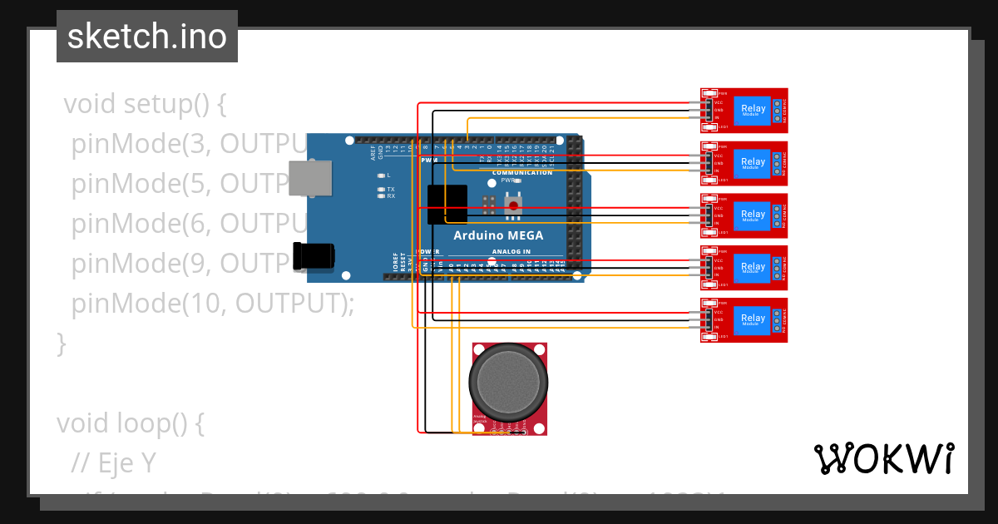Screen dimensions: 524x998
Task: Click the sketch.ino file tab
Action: (147, 37)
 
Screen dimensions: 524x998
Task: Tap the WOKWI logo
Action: (883, 458)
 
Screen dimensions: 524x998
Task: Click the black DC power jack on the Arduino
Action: (314, 255)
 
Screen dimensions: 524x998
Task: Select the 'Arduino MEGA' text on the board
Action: (497, 235)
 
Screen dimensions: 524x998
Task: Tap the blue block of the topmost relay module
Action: (753, 109)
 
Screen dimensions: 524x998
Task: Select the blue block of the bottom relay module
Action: (753, 319)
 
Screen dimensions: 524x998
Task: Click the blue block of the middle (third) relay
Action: (753, 215)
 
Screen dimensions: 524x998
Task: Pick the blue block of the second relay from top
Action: (753, 162)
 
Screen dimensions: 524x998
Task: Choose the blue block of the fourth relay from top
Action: (753, 267)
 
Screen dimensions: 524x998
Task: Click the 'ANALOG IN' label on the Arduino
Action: (511, 251)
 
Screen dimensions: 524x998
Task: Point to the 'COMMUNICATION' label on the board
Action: (521, 172)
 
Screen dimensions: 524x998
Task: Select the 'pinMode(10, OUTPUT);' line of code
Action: (213, 304)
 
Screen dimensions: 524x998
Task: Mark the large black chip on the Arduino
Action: (446, 205)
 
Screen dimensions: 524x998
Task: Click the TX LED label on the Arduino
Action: (391, 189)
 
